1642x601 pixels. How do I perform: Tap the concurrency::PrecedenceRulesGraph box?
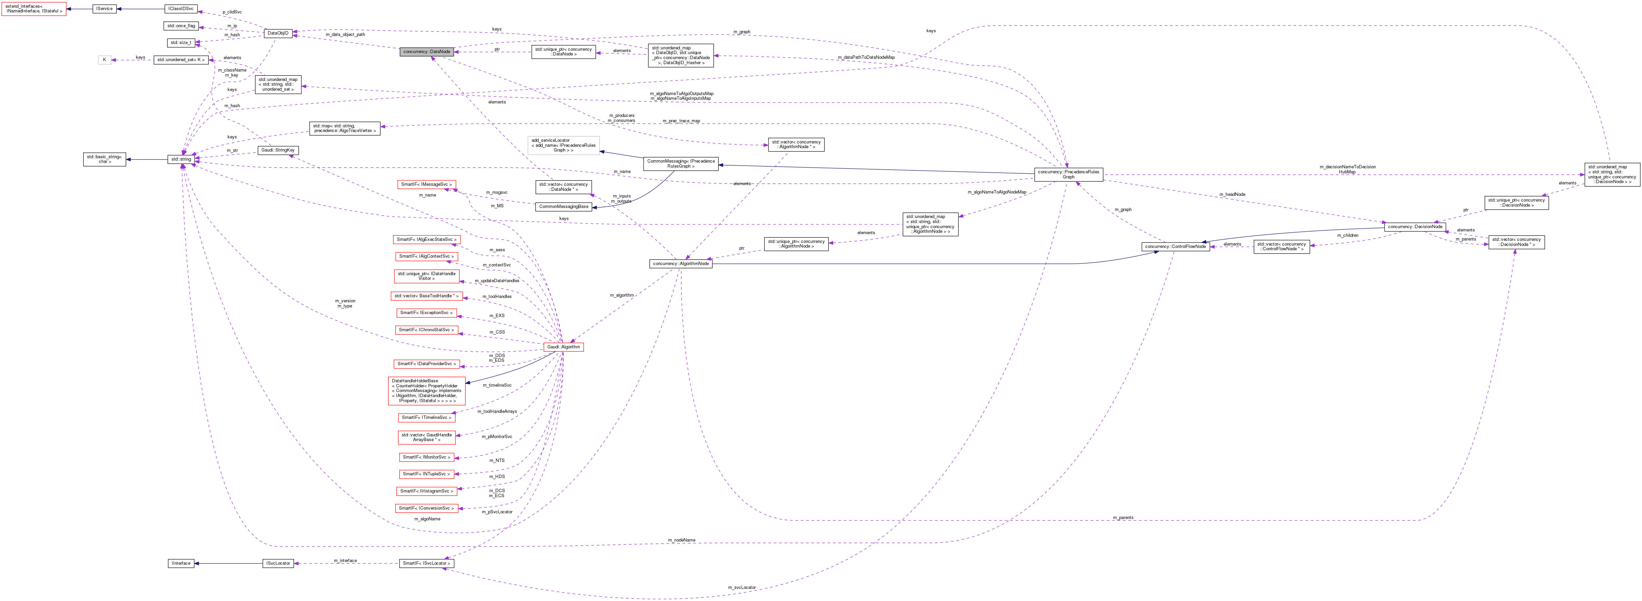[1068, 174]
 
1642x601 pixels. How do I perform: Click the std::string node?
[181, 159]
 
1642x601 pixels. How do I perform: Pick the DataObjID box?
[278, 33]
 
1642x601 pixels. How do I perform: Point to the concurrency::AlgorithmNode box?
[681, 263]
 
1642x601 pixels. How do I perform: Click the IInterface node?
[181, 563]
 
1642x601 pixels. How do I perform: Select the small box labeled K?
[105, 60]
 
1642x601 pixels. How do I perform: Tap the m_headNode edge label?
[1232, 194]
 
